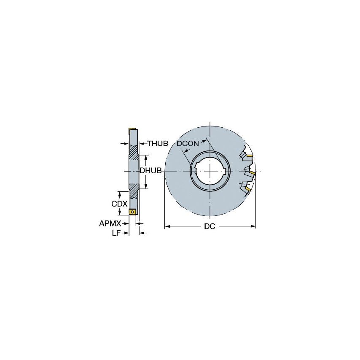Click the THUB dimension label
pos(157,144)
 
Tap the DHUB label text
pos(151,171)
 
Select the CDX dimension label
pos(119,204)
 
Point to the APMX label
pos(110,223)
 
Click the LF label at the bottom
pos(116,233)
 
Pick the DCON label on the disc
pos(188,144)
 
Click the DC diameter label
pos(210,227)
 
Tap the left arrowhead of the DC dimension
pos(167,227)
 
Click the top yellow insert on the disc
pos(250,156)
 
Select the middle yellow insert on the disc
pos(252,173)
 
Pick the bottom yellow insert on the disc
pos(249,189)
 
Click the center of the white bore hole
pos(210,171)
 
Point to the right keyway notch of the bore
pos(227,171)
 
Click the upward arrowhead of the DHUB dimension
pos(146,157)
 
